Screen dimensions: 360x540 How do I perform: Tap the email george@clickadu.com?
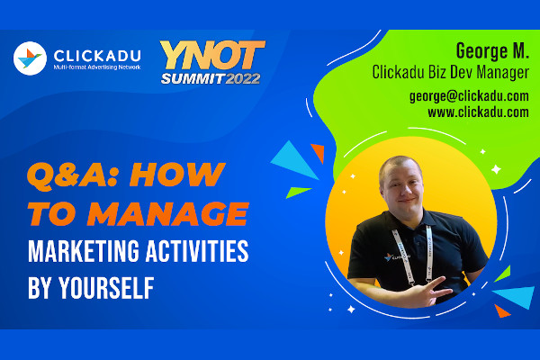pyautogui.click(x=468, y=95)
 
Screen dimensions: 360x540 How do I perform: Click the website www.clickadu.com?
pyautogui.click(x=478, y=112)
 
